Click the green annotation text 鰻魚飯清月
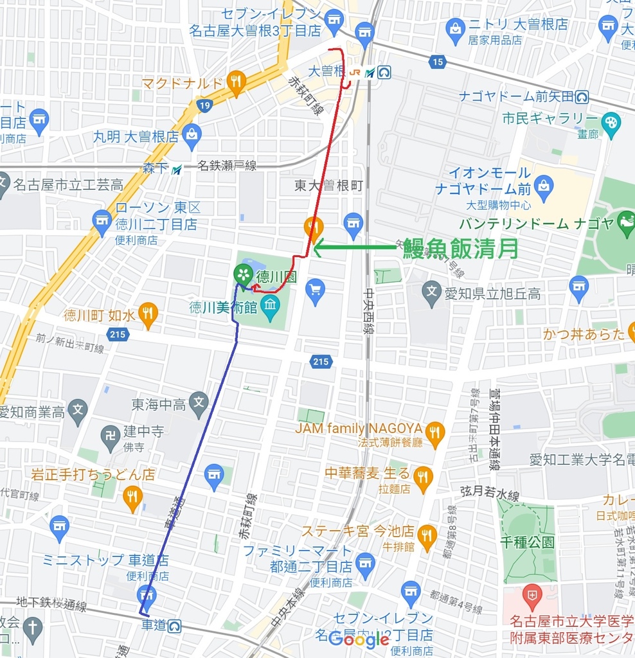pos(460,248)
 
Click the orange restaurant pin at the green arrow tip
pos(314,227)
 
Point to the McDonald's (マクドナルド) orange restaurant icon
pos(237,82)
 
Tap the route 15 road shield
pos(438,62)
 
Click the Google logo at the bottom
pos(359,639)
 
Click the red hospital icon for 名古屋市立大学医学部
pos(532,596)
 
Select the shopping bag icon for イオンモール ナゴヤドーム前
pos(544,185)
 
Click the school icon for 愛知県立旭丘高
pos(432,293)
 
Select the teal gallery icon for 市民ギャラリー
pos(611,120)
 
